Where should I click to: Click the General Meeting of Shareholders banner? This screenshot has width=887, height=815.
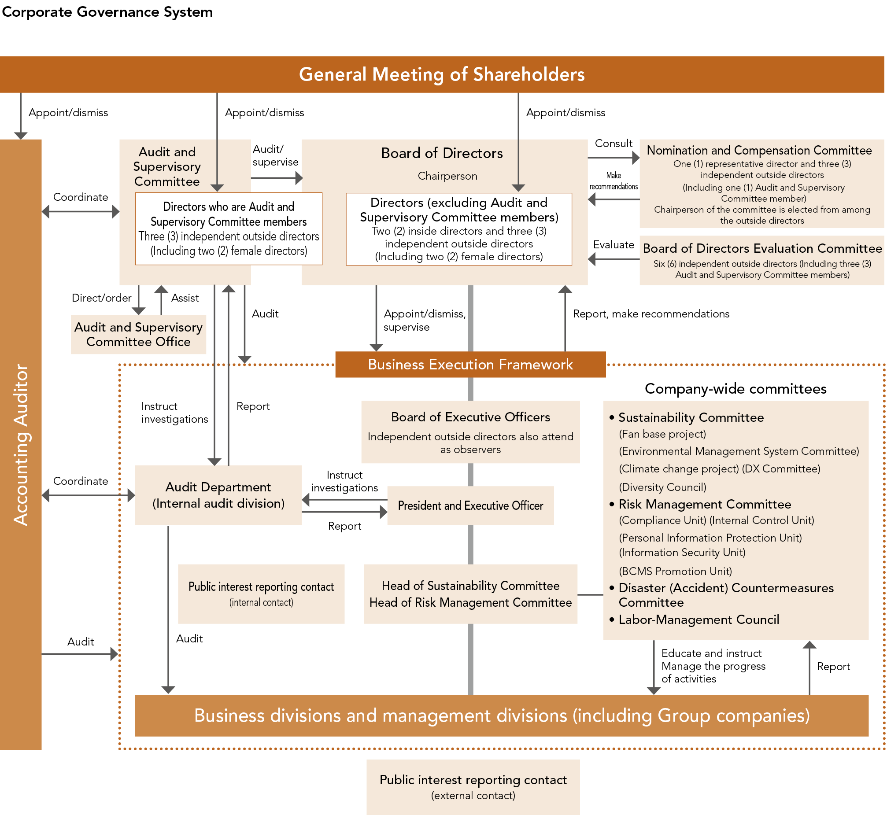pyautogui.click(x=442, y=74)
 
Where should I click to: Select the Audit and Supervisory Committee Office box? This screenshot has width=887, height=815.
pyautogui.click(x=138, y=334)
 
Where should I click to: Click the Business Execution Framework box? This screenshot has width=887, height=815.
pyautogui.click(x=470, y=364)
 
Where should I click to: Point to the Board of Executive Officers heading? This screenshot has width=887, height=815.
pyautogui.click(x=470, y=417)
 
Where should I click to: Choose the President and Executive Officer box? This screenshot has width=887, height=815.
pyautogui.click(x=470, y=505)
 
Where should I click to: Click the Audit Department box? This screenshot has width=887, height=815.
pyautogui.click(x=218, y=495)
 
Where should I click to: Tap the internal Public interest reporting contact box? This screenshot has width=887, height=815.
pyautogui.click(x=261, y=594)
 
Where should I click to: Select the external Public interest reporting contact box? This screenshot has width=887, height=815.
pyautogui.click(x=473, y=787)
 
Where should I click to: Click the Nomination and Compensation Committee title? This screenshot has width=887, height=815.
pyautogui.click(x=759, y=151)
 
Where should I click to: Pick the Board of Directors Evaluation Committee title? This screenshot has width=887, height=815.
pyautogui.click(x=762, y=248)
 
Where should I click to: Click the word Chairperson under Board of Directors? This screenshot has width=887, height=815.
pyautogui.click(x=447, y=176)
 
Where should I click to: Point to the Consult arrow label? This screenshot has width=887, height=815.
pyautogui.click(x=614, y=144)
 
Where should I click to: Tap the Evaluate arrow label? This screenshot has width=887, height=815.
pyautogui.click(x=614, y=245)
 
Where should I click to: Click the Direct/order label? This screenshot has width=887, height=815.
pyautogui.click(x=101, y=298)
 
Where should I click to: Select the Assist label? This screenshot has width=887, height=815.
pyautogui.click(x=185, y=298)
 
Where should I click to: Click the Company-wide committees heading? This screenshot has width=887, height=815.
pyautogui.click(x=735, y=388)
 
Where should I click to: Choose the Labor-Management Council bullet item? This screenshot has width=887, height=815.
pyautogui.click(x=699, y=620)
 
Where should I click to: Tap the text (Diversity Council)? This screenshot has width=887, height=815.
pyautogui.click(x=662, y=487)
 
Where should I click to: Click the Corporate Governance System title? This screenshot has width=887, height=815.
pyautogui.click(x=107, y=12)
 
